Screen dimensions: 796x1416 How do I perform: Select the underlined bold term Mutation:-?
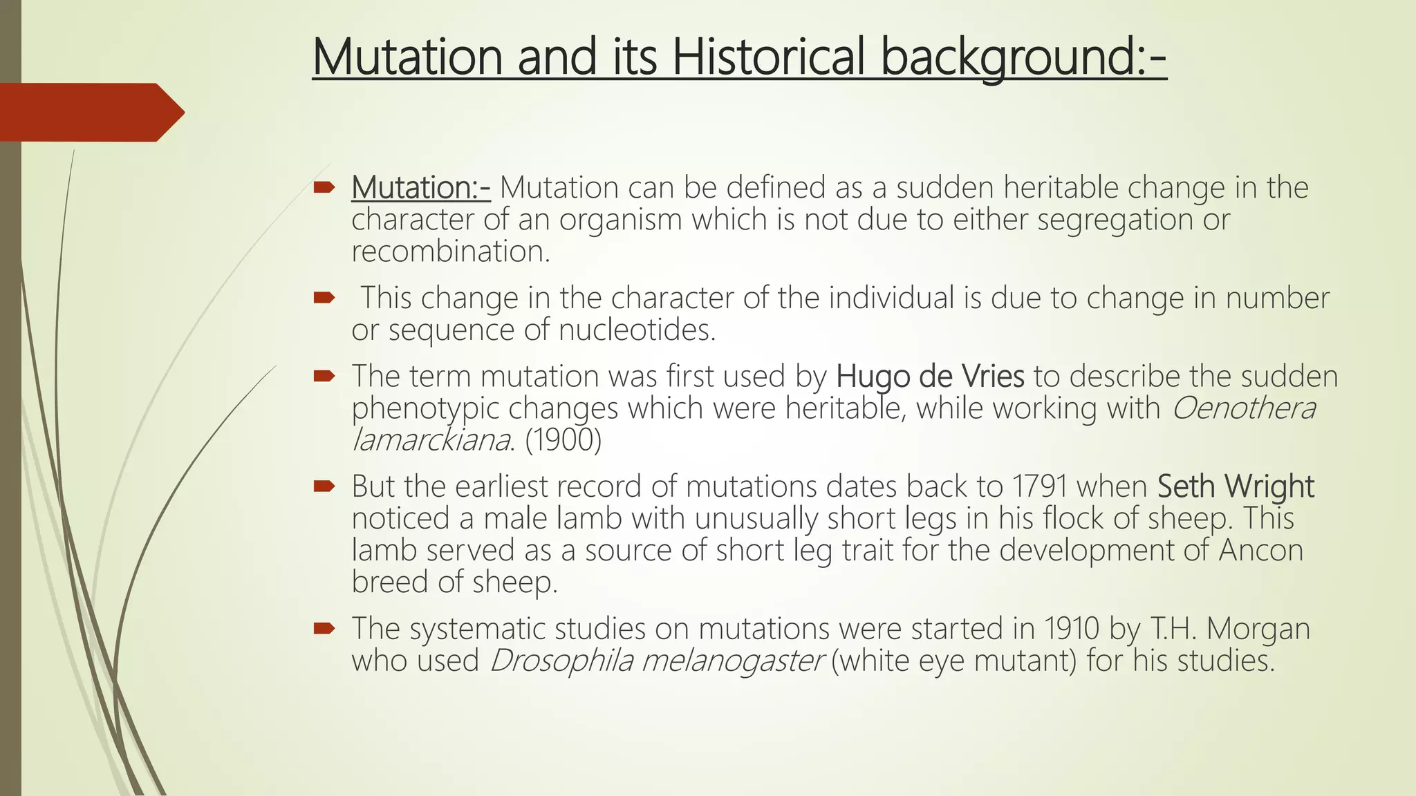tap(421, 187)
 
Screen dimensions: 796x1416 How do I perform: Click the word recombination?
tap(449, 252)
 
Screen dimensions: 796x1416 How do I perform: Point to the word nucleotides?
tap(636, 330)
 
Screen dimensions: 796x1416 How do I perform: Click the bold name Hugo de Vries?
tap(930, 377)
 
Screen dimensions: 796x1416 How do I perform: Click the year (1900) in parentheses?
tap(563, 440)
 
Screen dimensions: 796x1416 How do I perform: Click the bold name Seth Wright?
tap(1236, 486)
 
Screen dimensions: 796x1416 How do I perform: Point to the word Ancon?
tap(1260, 551)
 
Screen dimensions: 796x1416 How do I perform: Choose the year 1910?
tap(1072, 629)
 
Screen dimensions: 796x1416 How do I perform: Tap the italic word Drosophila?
tap(561, 661)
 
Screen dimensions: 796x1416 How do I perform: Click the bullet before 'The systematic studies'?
tap(324, 628)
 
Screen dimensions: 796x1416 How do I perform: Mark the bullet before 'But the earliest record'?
tap(324, 486)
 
